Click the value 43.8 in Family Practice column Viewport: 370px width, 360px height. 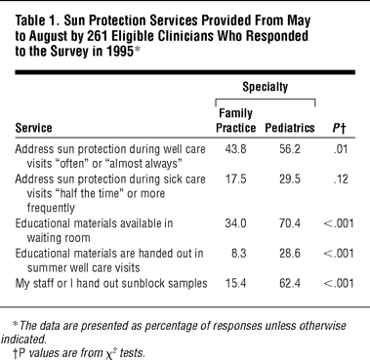(x=235, y=149)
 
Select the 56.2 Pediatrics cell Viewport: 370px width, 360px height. (x=290, y=149)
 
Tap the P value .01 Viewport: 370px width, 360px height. (x=341, y=149)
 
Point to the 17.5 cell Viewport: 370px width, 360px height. (x=235, y=180)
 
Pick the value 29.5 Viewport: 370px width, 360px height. (x=290, y=180)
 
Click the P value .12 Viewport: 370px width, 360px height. (x=341, y=180)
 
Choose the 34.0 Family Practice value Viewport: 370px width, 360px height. (x=235, y=223)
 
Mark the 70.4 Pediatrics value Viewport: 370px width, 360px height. (x=290, y=223)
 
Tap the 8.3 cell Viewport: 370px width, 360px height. (x=239, y=253)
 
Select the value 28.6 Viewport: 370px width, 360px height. (x=290, y=253)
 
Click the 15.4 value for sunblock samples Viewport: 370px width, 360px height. (x=235, y=283)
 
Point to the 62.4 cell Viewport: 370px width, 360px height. (x=290, y=283)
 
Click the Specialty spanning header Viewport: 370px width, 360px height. (x=266, y=87)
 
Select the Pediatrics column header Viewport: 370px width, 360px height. (x=290, y=128)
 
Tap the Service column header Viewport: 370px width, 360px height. (x=33, y=128)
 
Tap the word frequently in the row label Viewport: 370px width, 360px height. (x=51, y=208)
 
